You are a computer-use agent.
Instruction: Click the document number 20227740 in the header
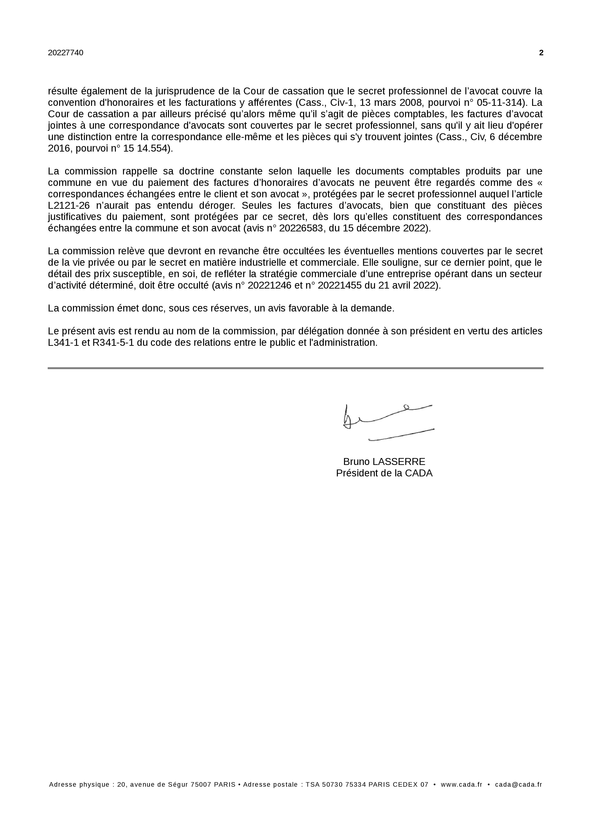click(66, 53)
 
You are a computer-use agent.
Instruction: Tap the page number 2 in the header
click(541, 53)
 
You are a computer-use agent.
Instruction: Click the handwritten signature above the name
click(388, 422)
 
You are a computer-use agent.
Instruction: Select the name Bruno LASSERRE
click(384, 462)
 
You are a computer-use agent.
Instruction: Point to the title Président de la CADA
click(384, 473)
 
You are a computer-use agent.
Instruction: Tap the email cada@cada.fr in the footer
click(518, 784)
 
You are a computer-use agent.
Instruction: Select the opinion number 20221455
click(340, 285)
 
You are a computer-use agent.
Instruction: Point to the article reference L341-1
click(63, 343)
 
